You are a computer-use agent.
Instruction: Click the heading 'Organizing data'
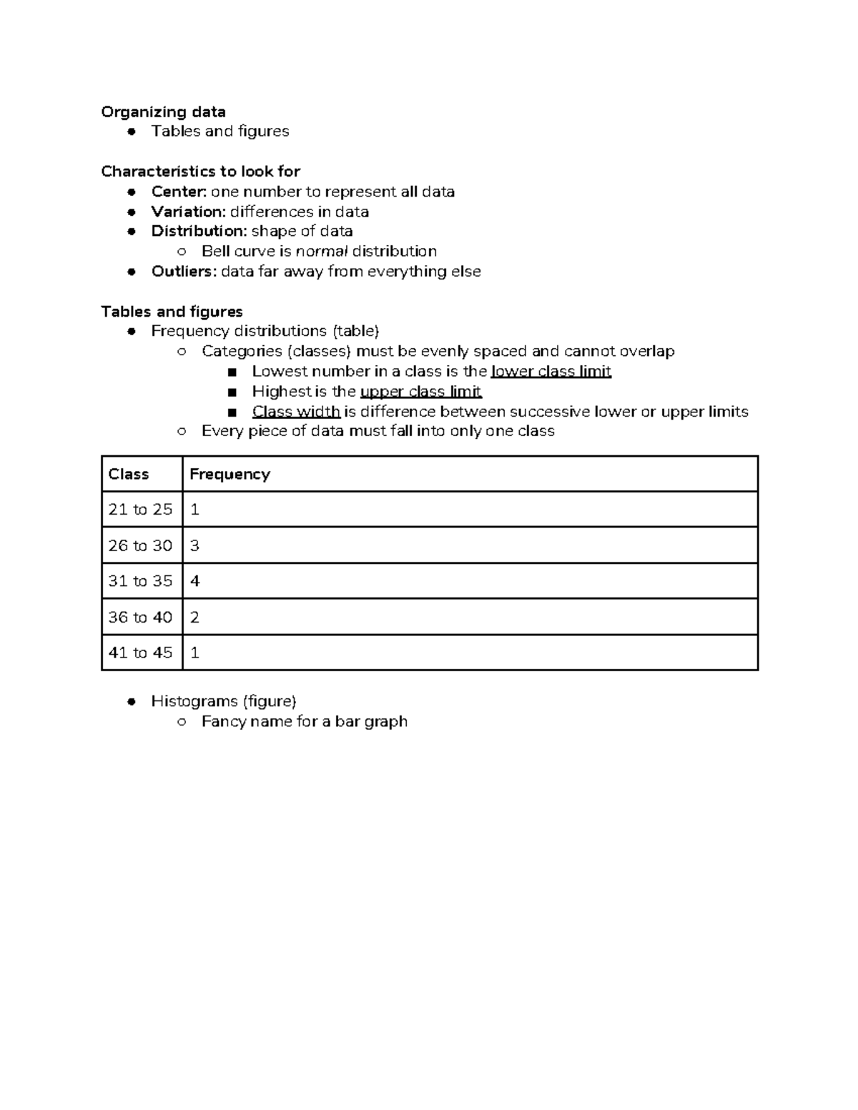tap(163, 112)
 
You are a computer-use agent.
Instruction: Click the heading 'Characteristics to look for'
tap(200, 172)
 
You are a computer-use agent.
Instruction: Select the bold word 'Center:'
tap(179, 192)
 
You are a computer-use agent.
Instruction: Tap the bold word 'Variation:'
tap(188, 212)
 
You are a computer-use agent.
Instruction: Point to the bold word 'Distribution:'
tap(199, 231)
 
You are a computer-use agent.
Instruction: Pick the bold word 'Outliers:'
tap(184, 272)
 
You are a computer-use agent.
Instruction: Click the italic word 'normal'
tap(322, 252)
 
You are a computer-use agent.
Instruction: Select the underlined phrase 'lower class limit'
tap(551, 372)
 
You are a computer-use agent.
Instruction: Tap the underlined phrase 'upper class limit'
tap(420, 392)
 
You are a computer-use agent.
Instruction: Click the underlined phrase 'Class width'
tap(296, 412)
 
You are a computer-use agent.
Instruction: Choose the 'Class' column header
tap(129, 475)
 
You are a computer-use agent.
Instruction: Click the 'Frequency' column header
tap(230, 475)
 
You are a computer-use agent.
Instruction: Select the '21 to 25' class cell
tap(140, 510)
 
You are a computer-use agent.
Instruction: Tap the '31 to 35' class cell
tap(140, 581)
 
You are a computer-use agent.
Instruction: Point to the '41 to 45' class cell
tap(140, 653)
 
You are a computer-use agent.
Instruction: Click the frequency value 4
tap(195, 581)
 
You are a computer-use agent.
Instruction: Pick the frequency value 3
tap(194, 545)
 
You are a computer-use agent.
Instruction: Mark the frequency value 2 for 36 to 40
tap(194, 617)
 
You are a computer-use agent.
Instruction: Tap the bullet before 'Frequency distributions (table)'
tap(132, 332)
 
